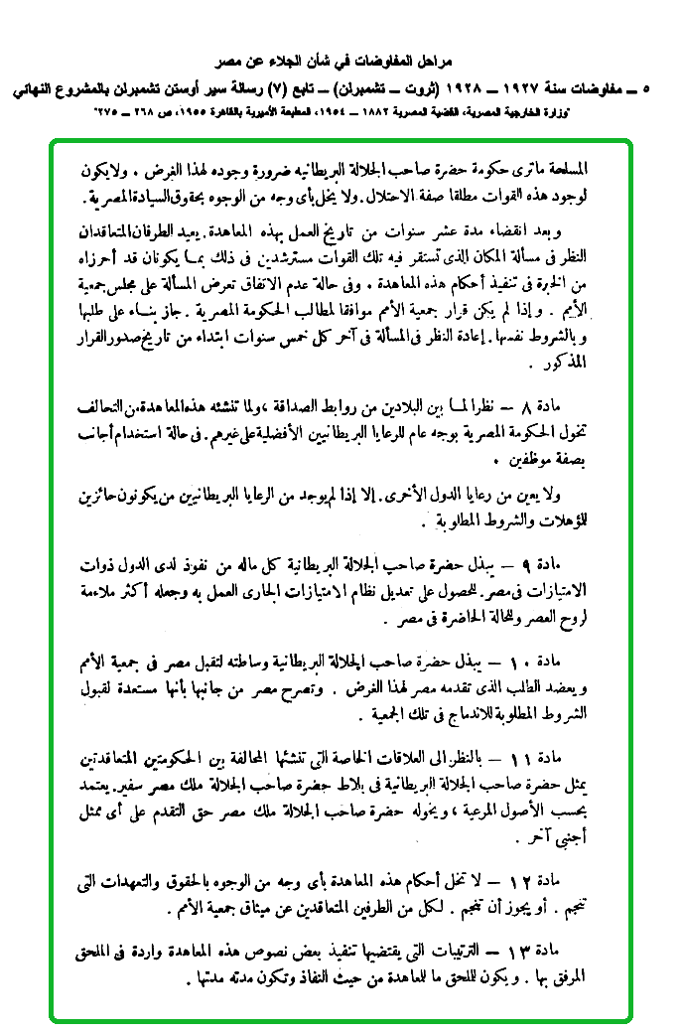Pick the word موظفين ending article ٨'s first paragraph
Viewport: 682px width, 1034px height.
coord(564,461)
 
